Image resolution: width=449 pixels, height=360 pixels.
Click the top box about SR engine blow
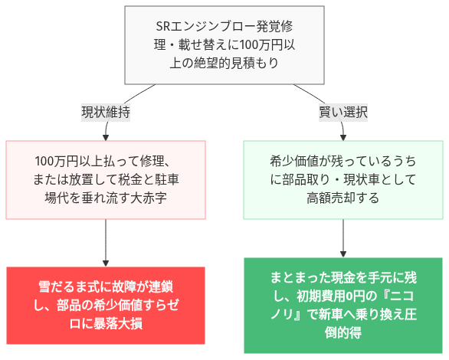(x=224, y=45)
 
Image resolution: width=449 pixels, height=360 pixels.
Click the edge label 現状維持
(x=106, y=112)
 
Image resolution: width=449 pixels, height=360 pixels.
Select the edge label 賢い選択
(x=343, y=112)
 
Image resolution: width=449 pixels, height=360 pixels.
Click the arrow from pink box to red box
(x=106, y=242)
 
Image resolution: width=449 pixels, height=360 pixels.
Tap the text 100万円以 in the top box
(x=263, y=45)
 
